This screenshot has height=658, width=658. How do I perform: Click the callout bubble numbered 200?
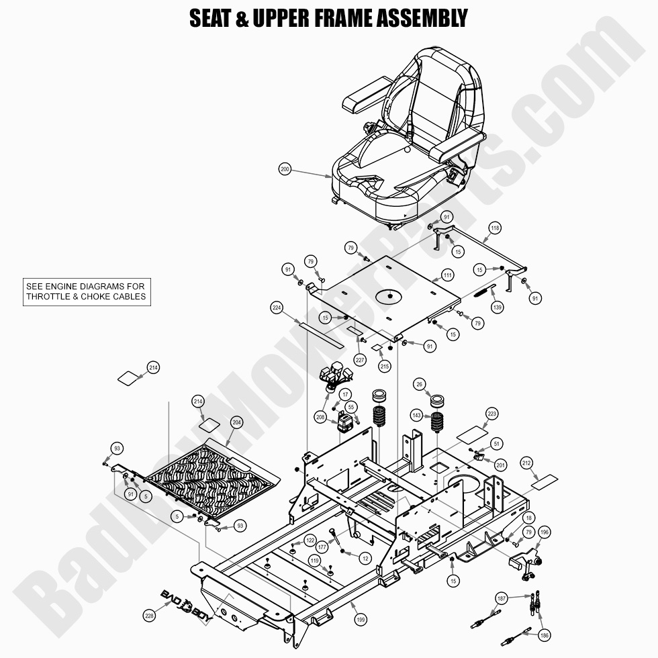tap(285, 170)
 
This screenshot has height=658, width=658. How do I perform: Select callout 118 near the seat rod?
tap(494, 228)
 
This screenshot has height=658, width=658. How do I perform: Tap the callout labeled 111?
tap(447, 275)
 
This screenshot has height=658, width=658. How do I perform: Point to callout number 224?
tap(277, 308)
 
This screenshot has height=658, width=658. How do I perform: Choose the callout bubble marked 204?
tap(236, 422)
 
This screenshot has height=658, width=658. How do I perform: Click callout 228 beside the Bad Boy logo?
tap(149, 615)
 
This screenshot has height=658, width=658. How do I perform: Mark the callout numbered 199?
tap(361, 620)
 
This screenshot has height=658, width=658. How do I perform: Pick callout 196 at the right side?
tap(544, 532)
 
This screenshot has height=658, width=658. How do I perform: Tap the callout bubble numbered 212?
tap(526, 463)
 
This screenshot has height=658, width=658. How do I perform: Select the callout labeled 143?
tap(417, 416)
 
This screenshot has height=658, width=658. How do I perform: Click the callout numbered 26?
tap(420, 384)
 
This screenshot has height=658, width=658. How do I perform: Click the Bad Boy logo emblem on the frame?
tap(185, 597)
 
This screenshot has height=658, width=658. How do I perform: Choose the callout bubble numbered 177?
tap(322, 547)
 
